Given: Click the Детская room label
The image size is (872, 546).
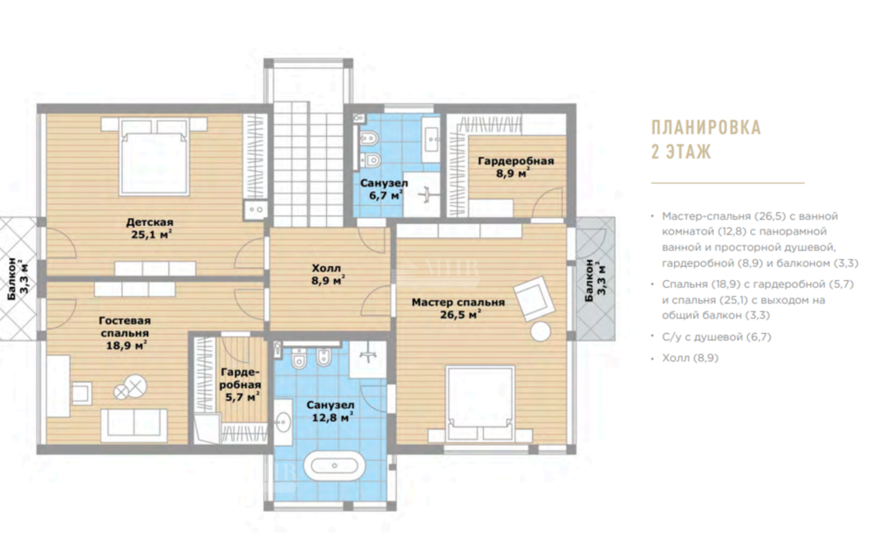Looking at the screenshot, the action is tap(150, 222).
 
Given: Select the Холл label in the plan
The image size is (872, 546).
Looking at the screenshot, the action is tap(326, 269).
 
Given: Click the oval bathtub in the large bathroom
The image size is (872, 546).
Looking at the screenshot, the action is tap(334, 466).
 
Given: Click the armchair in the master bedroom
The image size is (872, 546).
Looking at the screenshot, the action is tap(534, 297).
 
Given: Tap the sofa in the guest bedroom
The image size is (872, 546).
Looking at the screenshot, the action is tap(133, 423).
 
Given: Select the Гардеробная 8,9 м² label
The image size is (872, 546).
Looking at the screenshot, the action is tap(515, 167).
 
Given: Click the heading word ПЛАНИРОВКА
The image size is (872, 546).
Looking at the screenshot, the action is tap(705, 127).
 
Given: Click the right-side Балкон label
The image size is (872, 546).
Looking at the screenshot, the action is tap(596, 281).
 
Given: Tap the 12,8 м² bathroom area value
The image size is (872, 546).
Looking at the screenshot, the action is tap(332, 417).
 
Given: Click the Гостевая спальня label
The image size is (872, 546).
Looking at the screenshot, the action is tap(125, 327).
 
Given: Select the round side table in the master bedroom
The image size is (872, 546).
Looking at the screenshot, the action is tap(540, 331).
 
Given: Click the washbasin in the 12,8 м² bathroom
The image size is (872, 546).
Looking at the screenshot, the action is tap(283, 422).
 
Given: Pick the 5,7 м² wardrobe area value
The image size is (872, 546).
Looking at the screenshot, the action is tap(242, 397).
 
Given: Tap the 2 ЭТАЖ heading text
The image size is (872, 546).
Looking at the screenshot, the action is tap(681, 151).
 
